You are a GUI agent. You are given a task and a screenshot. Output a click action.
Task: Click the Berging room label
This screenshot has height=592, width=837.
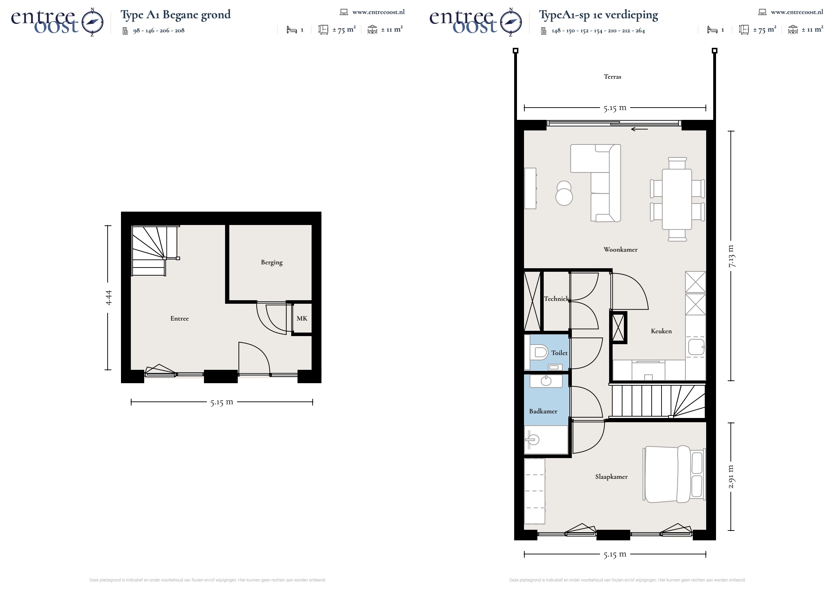coord(272,263)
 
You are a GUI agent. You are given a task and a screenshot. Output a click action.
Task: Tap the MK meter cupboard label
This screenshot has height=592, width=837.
coord(302,318)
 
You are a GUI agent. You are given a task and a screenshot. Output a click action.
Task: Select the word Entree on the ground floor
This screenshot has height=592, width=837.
coord(179,318)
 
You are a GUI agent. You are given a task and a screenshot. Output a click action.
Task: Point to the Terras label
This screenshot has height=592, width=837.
coord(612,77)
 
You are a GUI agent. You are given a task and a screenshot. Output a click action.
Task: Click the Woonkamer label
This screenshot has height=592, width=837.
coord(620,250)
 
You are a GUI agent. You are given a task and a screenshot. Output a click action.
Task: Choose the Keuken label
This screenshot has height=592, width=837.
coord(661,332)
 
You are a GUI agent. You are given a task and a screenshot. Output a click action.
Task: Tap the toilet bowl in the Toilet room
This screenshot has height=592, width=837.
coord(541,353)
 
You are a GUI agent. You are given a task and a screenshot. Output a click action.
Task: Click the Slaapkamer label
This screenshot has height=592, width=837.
coord(611,477)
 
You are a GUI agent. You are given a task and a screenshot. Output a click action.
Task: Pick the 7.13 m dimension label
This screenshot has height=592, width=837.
coord(731,256)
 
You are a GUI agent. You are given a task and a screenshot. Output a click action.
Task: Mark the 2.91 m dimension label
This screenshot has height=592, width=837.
coord(731,477)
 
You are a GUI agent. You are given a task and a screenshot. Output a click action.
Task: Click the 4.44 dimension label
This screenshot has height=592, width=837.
coord(108,298)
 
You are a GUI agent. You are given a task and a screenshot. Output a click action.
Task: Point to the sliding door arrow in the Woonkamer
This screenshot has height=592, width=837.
coord(639,129)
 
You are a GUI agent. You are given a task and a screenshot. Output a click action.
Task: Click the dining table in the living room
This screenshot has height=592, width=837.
coord(677,199)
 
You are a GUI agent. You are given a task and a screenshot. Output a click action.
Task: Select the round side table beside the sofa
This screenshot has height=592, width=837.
coord(564,197)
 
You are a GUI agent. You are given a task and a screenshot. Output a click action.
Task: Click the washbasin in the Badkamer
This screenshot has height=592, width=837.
coord(546,381)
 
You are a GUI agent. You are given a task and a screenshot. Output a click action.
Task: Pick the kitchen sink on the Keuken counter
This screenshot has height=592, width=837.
coord(696,347)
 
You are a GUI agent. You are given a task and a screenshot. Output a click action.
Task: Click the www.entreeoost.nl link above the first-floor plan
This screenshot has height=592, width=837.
coord(797,12)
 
